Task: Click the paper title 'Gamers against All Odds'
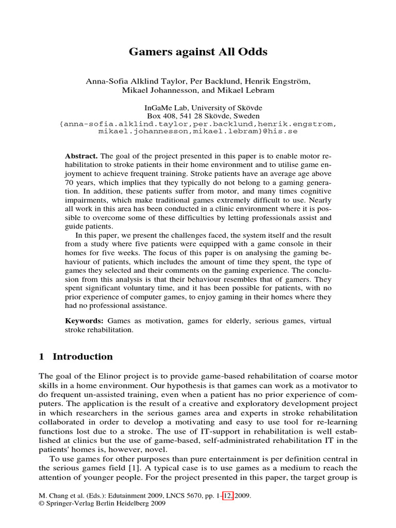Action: pos(197,52)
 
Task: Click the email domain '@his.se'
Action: pos(282,131)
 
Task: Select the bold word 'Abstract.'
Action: pos(81,156)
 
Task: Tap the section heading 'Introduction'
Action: pos(82,357)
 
